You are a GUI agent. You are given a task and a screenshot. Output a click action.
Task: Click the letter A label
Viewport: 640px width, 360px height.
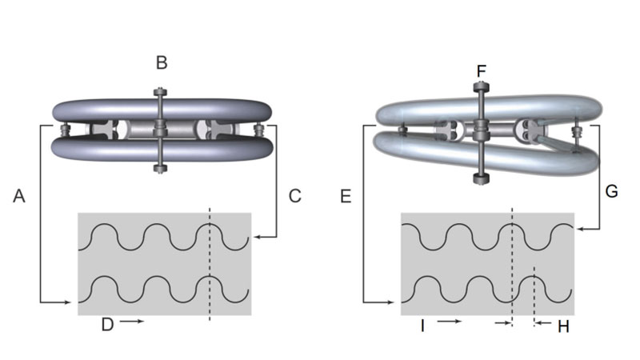click(18, 196)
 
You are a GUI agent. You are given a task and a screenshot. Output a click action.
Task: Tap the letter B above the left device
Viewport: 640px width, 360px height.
click(162, 63)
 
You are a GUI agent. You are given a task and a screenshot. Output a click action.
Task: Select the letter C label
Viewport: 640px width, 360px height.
click(294, 196)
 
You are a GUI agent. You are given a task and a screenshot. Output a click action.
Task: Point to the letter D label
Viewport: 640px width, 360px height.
click(107, 325)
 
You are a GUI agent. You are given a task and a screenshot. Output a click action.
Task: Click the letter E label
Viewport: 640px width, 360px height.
click(346, 196)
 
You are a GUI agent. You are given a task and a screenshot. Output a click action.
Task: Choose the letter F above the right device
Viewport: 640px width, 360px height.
click(482, 71)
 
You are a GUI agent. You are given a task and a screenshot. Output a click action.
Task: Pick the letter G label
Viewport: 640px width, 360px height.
click(611, 191)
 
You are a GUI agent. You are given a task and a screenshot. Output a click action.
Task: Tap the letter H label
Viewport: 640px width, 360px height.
click(563, 326)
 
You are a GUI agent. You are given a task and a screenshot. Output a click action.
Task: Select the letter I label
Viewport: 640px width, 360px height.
click(422, 326)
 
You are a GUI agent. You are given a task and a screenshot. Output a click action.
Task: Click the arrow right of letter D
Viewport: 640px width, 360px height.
click(132, 322)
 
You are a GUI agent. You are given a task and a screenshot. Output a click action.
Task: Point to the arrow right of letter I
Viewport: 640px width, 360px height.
click(450, 322)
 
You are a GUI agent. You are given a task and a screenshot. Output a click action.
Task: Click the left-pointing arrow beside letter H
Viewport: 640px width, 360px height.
click(543, 323)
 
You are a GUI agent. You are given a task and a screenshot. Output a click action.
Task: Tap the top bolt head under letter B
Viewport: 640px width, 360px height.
click(160, 92)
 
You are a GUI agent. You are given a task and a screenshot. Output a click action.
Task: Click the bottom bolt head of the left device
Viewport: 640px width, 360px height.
click(160, 168)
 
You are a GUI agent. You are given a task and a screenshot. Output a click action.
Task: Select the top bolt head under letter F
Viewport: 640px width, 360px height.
click(482, 87)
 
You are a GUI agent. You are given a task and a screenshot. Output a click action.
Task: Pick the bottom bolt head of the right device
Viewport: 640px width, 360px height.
click(482, 178)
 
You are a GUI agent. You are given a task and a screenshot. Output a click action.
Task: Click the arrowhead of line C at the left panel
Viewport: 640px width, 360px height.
click(256, 237)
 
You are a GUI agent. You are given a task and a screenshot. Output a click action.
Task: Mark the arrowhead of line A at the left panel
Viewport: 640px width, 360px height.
click(68, 302)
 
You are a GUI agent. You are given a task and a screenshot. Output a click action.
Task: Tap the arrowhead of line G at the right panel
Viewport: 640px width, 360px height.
click(579, 230)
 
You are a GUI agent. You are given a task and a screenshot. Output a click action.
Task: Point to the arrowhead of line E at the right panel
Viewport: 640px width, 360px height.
click(391, 302)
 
